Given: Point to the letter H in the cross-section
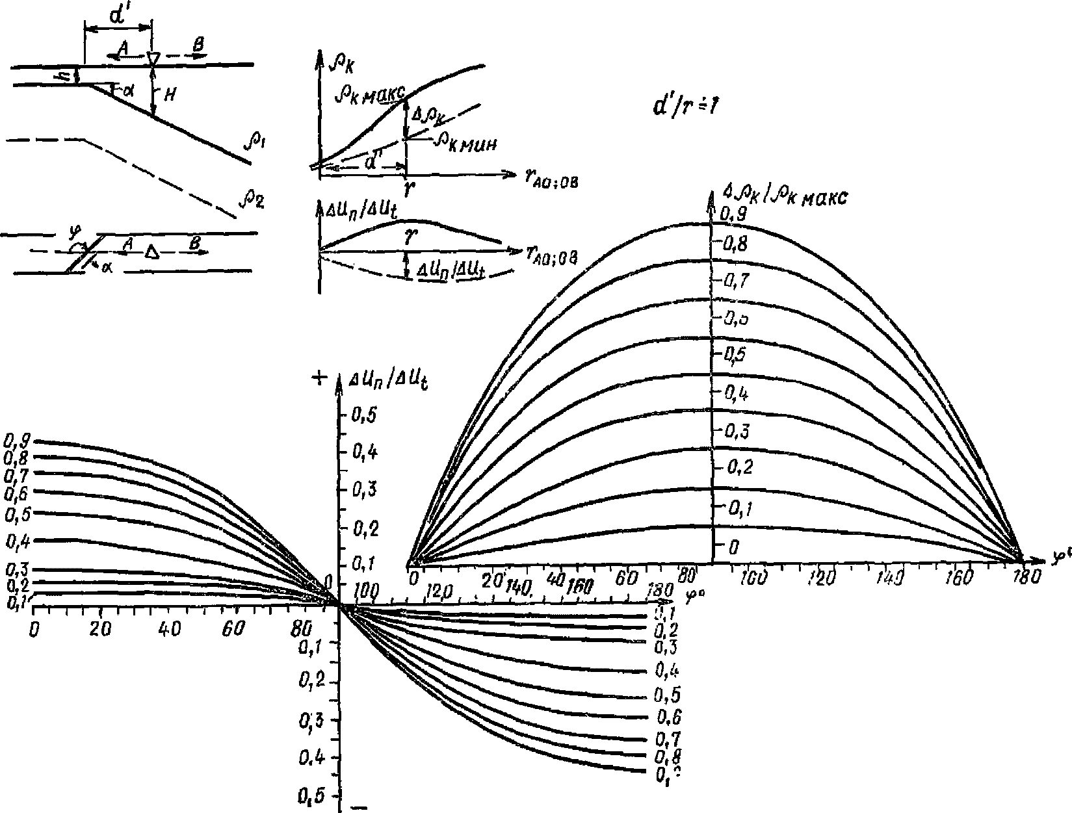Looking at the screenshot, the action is (168, 95).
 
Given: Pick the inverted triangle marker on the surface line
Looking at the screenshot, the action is (153, 59).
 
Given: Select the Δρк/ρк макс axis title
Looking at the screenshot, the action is (784, 196).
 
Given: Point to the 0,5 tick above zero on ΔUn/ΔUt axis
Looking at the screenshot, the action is (363, 415).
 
